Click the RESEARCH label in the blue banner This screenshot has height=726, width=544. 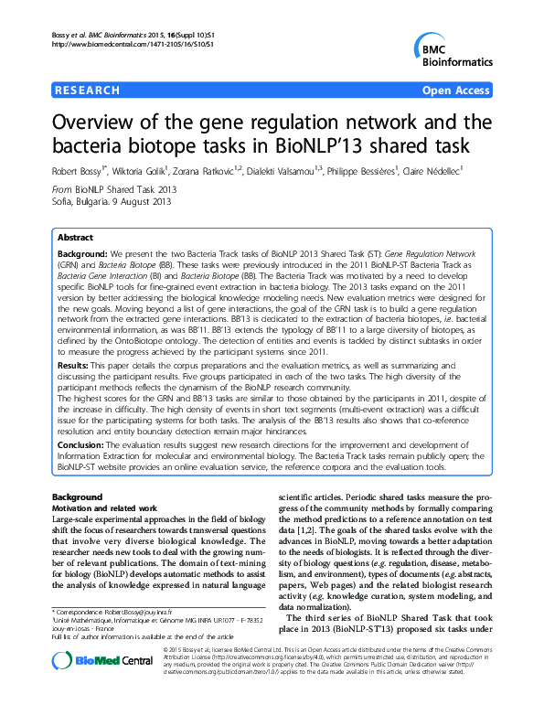88,91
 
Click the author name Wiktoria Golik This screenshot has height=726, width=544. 142,169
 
